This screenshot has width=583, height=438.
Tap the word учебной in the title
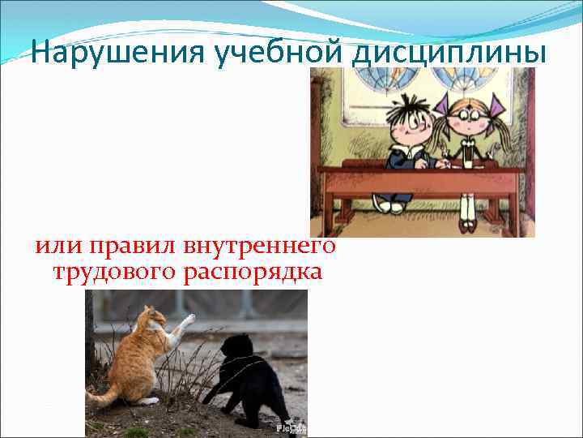(256, 53)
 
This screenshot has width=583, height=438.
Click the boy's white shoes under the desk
(389, 207)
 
